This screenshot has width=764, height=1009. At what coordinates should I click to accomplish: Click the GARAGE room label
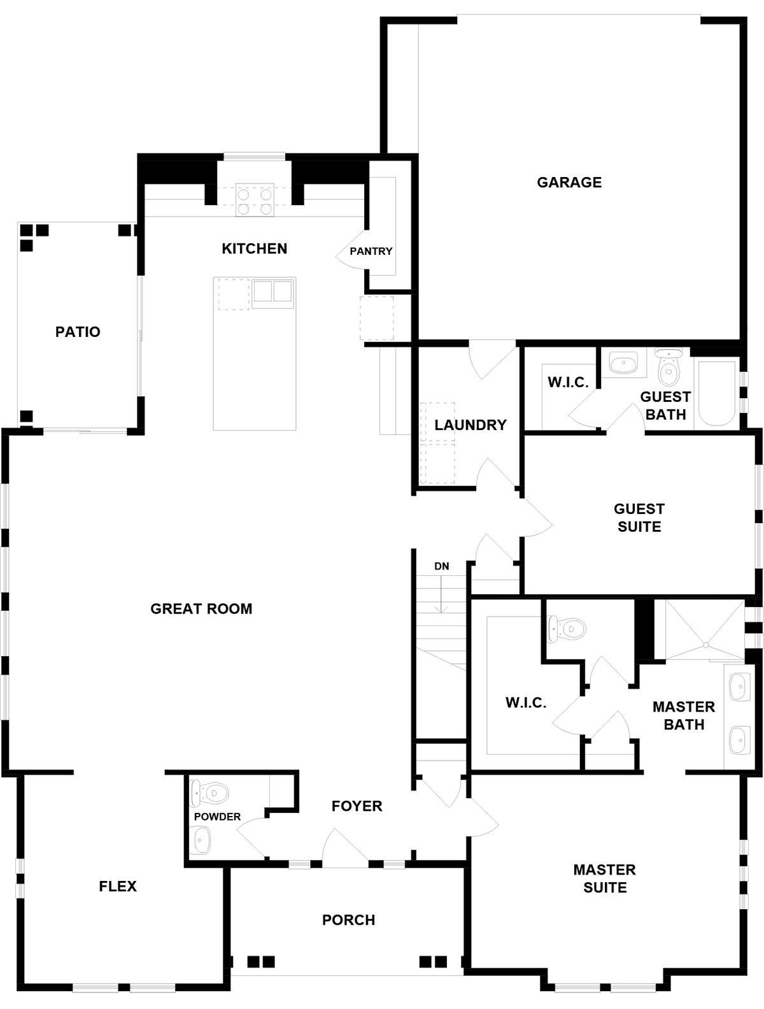pyautogui.click(x=569, y=182)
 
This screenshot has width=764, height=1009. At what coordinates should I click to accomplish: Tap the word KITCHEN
pyautogui.click(x=254, y=248)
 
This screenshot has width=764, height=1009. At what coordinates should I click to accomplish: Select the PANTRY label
pyautogui.click(x=371, y=252)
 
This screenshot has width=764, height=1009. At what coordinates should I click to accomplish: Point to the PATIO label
pyautogui.click(x=78, y=332)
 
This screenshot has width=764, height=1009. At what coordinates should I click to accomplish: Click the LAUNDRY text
pyautogui.click(x=470, y=425)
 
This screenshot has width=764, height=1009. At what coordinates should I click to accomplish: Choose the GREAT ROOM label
pyautogui.click(x=201, y=608)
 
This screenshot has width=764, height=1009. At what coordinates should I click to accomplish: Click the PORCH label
pyautogui.click(x=348, y=920)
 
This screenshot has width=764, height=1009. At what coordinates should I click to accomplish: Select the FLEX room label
pyautogui.click(x=118, y=886)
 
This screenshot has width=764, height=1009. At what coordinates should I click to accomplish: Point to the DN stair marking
pyautogui.click(x=441, y=566)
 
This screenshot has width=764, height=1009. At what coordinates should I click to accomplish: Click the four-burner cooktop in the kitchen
pyautogui.click(x=255, y=199)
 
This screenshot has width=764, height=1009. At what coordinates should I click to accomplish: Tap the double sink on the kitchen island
pyautogui.click(x=272, y=293)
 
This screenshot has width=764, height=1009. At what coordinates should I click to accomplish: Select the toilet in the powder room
pyautogui.click(x=209, y=792)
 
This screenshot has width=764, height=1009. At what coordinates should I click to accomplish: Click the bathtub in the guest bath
pyautogui.click(x=717, y=394)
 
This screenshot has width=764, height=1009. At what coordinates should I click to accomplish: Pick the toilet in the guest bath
pyautogui.click(x=668, y=367)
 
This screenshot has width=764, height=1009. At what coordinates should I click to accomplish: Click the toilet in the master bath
pyautogui.click(x=567, y=628)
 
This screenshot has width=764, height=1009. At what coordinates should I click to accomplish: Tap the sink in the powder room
pyautogui.click(x=200, y=840)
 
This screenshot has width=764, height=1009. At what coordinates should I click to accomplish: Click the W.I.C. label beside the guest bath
pyautogui.click(x=568, y=382)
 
